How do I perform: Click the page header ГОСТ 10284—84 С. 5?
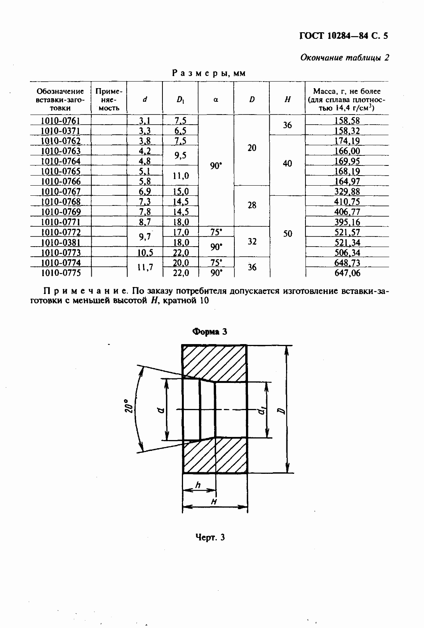344,37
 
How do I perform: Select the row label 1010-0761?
60,120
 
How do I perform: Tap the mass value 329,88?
347,191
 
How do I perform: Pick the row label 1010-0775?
60,273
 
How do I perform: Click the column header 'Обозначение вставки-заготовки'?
60,100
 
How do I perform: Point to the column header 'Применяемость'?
109,100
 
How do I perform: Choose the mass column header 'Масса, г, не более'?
347,100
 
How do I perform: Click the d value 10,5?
145,252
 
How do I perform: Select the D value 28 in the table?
252,205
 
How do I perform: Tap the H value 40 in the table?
287,164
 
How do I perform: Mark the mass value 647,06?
347,273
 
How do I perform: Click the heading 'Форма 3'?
210,332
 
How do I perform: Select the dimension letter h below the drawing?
198,485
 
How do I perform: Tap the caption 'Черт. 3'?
210,538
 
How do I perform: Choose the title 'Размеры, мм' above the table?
209,73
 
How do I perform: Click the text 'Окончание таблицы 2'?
345,58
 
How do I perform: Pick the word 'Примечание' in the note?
85,291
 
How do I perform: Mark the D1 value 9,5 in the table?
180,156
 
